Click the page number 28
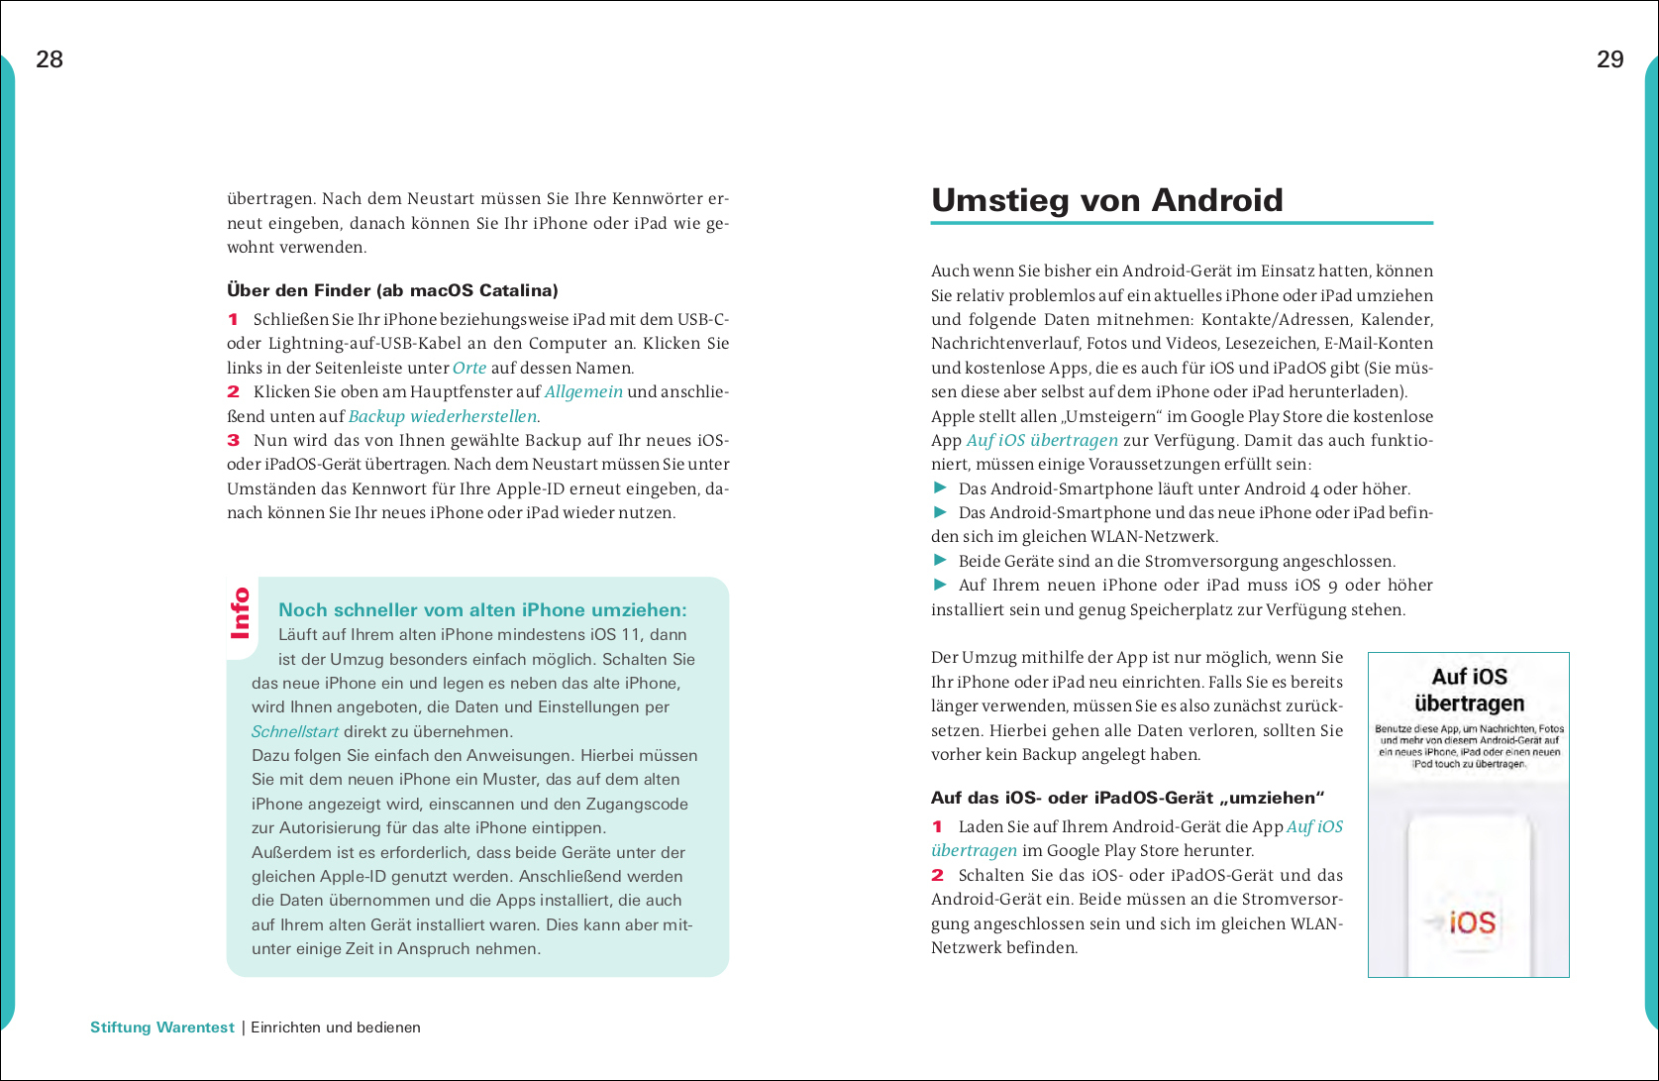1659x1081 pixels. (50, 59)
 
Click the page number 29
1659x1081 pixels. (1609, 59)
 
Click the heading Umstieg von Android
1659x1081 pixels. (1106, 200)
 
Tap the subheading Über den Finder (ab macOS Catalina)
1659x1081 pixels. (392, 290)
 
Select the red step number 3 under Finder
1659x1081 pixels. (233, 440)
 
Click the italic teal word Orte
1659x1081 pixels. (469, 368)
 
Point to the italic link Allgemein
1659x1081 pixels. (583, 391)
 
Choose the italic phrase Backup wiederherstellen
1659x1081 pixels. (442, 416)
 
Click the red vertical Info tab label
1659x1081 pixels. (241, 613)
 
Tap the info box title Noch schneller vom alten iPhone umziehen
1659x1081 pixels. (482, 610)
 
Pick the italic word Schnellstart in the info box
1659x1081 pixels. (295, 731)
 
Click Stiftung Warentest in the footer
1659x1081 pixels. (162, 1027)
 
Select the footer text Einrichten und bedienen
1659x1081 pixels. (336, 1027)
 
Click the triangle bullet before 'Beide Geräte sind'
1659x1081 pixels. (940, 560)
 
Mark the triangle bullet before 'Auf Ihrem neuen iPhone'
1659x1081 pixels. (940, 584)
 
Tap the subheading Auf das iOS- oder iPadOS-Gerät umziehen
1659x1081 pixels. (1127, 798)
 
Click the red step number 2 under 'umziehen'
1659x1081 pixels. (937, 875)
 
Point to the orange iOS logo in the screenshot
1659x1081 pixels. (1472, 922)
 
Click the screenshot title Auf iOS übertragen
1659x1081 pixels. (1469, 690)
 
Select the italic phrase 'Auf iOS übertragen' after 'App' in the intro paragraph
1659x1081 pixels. (1042, 440)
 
